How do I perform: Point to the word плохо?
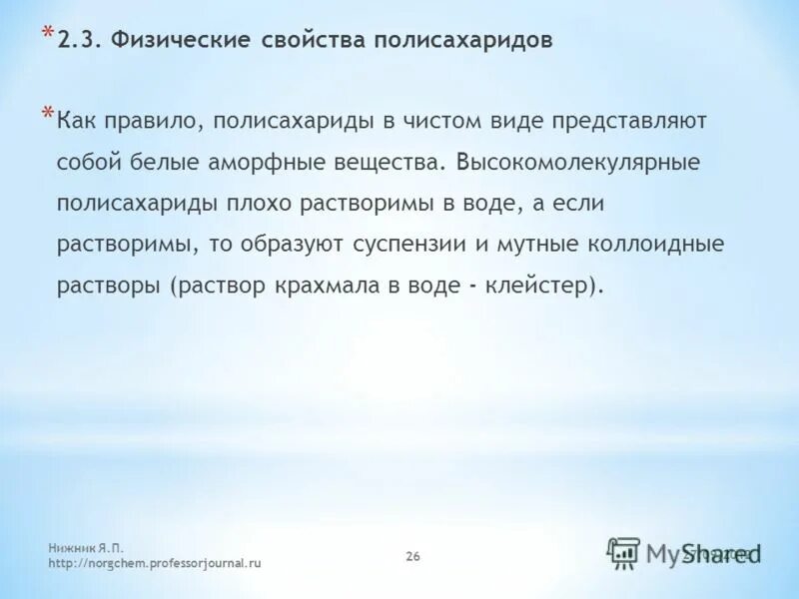tap(296, 203)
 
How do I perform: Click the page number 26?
tap(412, 556)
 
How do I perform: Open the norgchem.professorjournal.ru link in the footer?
tap(155, 564)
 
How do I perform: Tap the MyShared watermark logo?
tap(685, 552)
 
